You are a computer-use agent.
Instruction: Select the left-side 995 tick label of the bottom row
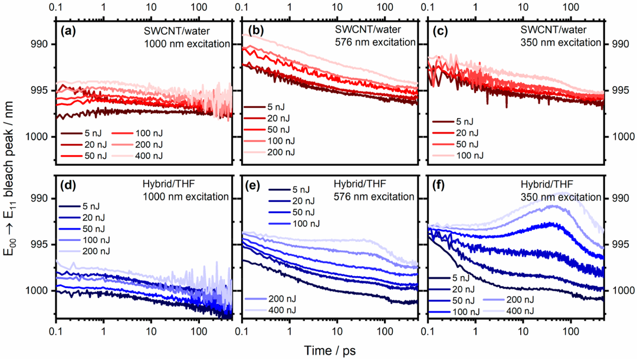click(x=42, y=244)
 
